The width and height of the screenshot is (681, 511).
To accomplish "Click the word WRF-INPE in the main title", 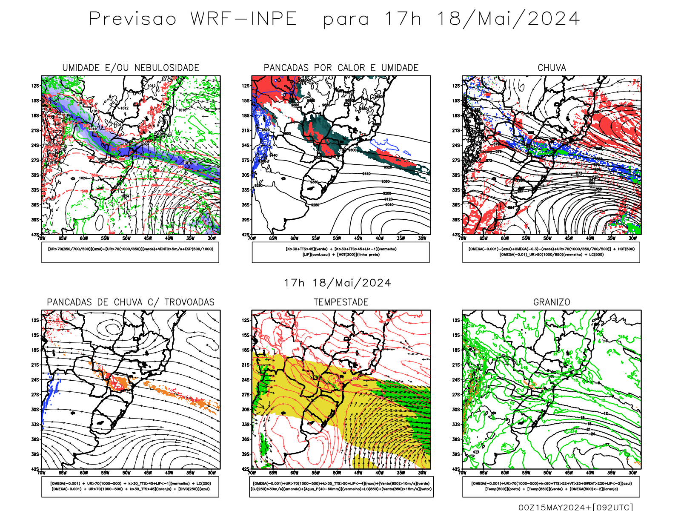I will click(x=243, y=19).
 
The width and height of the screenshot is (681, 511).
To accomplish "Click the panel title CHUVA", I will click(x=552, y=68).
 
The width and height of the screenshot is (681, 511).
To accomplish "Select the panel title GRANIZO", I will click(x=552, y=302).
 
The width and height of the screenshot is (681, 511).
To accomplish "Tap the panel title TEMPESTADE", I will click(x=341, y=302).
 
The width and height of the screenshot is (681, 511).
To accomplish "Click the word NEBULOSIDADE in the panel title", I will click(x=167, y=68).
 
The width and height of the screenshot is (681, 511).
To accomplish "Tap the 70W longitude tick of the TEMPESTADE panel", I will click(x=252, y=473).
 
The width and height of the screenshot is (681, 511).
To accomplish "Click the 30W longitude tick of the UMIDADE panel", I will click(x=212, y=238).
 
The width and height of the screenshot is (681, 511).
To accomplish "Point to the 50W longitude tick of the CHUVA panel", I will click(x=547, y=238).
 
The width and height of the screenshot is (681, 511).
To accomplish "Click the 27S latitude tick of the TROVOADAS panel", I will click(x=35, y=395).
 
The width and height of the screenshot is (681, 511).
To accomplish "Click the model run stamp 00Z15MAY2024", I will click(x=554, y=507).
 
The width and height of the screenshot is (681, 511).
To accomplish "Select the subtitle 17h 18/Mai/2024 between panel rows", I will click(x=338, y=283).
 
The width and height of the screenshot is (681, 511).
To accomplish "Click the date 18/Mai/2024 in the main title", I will click(x=508, y=19).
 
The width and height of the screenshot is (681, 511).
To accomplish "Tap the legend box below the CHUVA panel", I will click(x=551, y=252).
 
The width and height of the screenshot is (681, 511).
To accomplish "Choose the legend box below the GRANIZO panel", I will click(x=551, y=486).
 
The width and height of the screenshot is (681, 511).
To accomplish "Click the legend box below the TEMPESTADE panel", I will click(x=341, y=486).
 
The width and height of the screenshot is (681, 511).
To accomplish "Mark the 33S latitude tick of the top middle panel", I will click(x=246, y=190).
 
